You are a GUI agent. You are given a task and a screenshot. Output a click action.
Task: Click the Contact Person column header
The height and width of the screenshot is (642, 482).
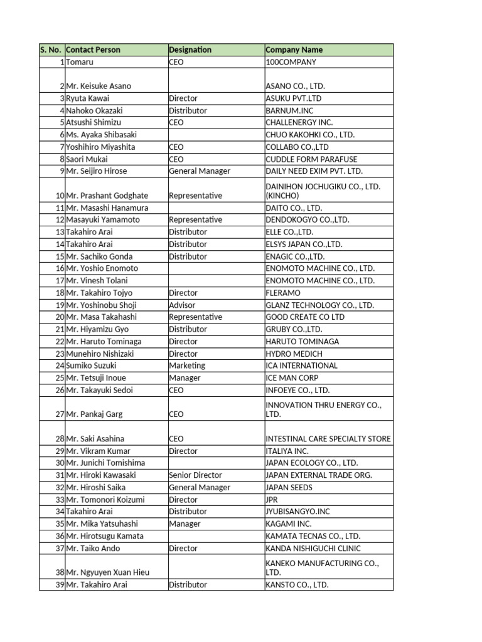pyautogui.click(x=94, y=50)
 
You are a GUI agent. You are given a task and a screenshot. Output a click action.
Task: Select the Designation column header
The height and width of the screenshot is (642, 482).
pyautogui.click(x=190, y=50)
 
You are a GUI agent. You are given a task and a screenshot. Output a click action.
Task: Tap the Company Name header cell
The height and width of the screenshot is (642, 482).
pyautogui.click(x=294, y=50)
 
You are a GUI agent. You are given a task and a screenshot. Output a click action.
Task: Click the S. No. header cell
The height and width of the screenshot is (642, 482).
pyautogui.click(x=51, y=50)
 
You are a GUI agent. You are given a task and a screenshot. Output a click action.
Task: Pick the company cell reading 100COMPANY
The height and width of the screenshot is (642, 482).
pyautogui.click(x=291, y=62)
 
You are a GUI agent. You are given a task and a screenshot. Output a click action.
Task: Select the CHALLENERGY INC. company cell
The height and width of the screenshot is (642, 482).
pyautogui.click(x=299, y=122)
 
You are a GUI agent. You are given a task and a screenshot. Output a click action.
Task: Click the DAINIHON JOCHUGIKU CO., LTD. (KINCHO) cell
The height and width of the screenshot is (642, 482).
pyautogui.click(x=323, y=191)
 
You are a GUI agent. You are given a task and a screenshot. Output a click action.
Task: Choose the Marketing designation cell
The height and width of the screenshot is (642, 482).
pyautogui.click(x=187, y=366)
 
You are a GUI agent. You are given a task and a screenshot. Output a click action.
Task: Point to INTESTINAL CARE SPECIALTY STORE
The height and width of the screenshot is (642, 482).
pyautogui.click(x=328, y=439)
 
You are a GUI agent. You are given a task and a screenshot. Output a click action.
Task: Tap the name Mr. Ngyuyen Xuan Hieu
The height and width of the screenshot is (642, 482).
pyautogui.click(x=107, y=572)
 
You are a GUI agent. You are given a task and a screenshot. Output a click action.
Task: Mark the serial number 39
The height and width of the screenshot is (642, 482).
pyautogui.click(x=60, y=585)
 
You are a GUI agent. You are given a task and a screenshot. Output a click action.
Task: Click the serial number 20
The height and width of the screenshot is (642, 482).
pyautogui.click(x=60, y=317)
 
